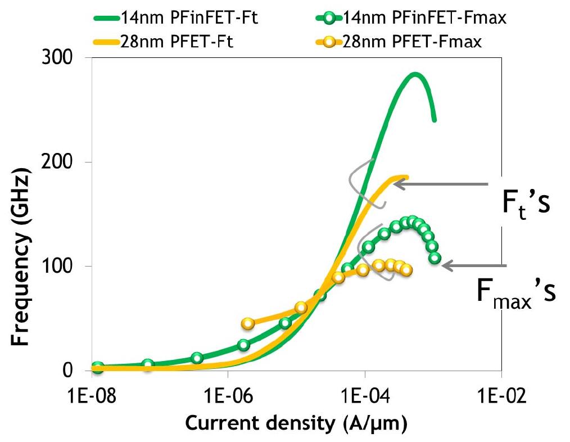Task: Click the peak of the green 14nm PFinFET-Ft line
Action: (x=415, y=74)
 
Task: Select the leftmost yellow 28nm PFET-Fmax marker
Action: (x=247, y=323)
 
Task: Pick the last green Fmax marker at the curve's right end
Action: (x=435, y=258)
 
